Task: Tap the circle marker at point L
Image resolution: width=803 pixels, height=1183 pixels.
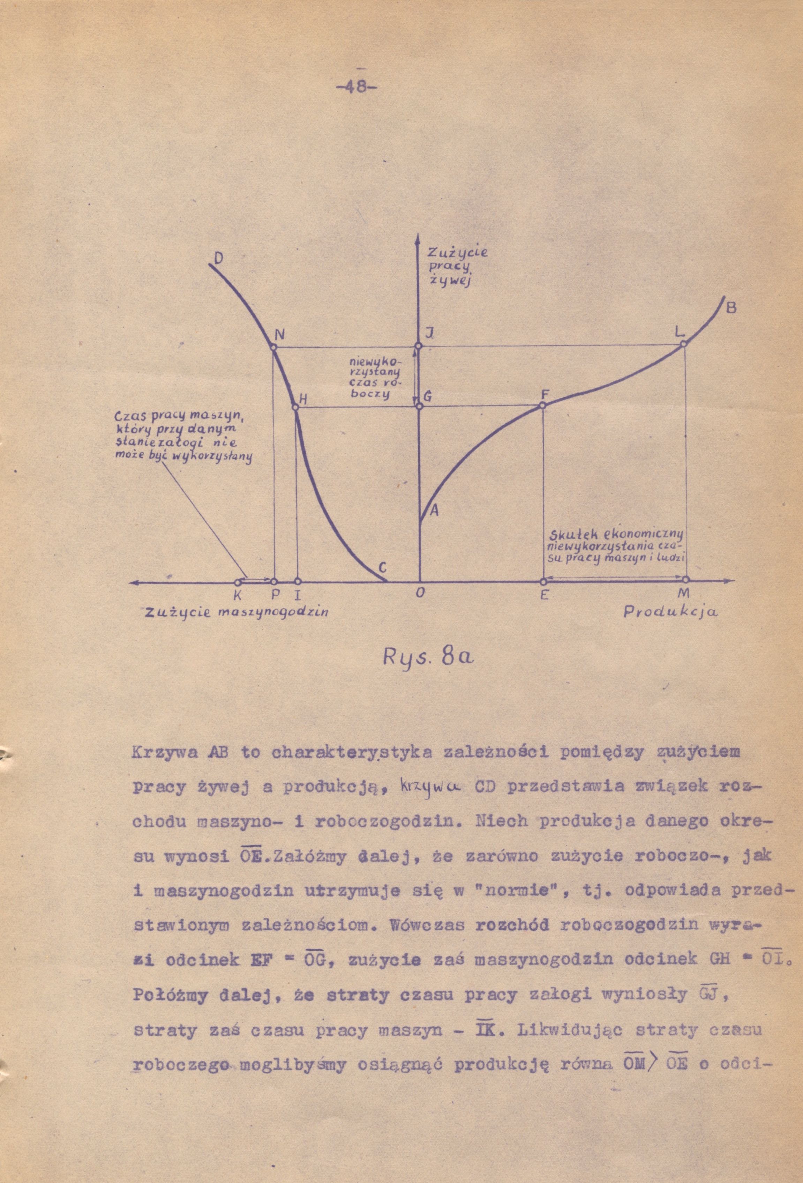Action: point(683,344)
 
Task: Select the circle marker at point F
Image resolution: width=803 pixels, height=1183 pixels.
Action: point(542,405)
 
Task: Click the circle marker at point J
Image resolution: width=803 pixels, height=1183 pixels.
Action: point(418,346)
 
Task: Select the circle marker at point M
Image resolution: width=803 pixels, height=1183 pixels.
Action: point(685,580)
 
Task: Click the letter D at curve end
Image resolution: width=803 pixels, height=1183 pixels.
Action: point(217,259)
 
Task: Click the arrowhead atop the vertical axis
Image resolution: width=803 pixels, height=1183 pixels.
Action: point(417,238)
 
